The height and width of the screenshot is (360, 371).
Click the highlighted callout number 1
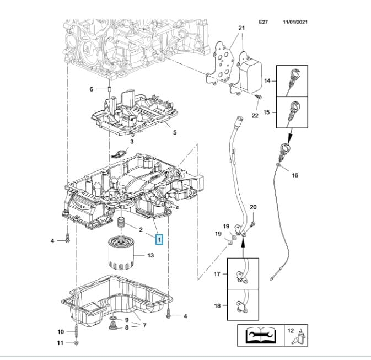pos(159,240)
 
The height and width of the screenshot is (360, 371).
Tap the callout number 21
pos(240,28)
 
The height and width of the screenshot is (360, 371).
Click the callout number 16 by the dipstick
pos(295,175)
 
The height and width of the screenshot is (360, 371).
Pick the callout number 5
pos(174,132)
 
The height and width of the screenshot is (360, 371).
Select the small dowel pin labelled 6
pos(109,89)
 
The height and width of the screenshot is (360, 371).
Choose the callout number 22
pos(255,115)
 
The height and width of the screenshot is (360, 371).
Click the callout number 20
pos(253,207)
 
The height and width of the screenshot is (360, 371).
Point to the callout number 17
pos(217,274)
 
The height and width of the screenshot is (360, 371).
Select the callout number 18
pos(217,305)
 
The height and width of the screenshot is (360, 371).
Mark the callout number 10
pos(61,331)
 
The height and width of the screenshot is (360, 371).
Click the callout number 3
pos(132,142)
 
